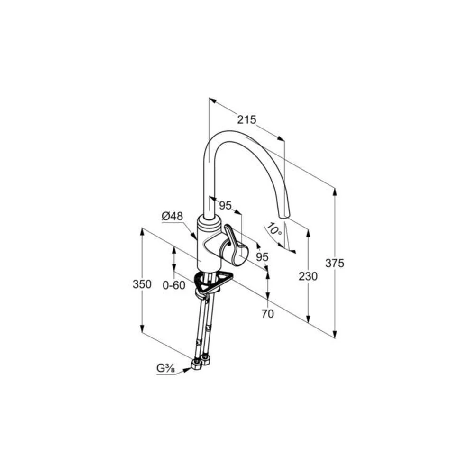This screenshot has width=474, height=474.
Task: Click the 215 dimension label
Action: pos(246,120)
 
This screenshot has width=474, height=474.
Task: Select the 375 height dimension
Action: pos(335,263)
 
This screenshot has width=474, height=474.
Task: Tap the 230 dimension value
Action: pos(308,276)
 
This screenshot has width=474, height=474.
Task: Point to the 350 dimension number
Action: pos(142,284)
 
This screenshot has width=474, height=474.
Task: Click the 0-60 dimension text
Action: pos(174,285)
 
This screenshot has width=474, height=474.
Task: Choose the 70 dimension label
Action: pos(267,314)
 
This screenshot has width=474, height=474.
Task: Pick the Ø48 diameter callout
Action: pos(173,216)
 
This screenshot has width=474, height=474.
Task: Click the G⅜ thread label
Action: pos(165,368)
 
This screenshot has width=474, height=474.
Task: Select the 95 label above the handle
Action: pos(225,206)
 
